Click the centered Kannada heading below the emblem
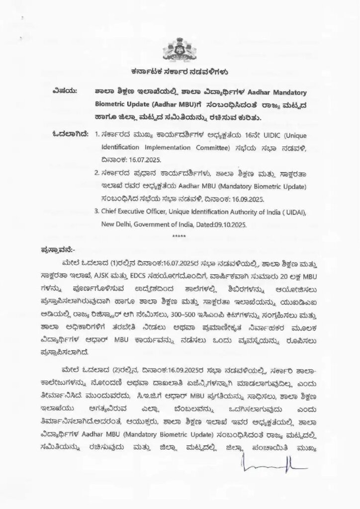coord(180,71)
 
